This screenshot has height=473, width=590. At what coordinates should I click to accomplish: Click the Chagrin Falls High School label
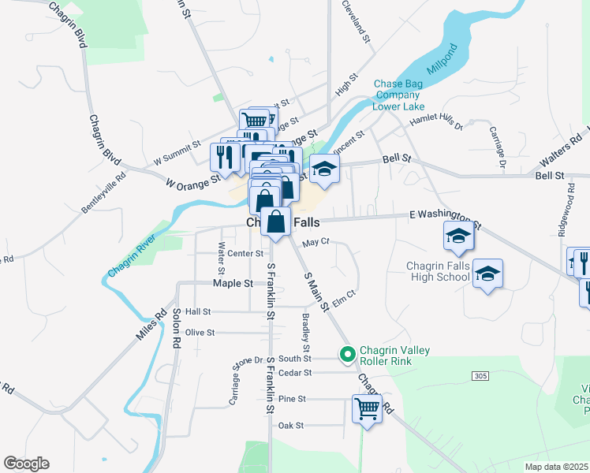click(x=438, y=271)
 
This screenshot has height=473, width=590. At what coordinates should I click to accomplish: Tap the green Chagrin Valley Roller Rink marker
click(x=346, y=356)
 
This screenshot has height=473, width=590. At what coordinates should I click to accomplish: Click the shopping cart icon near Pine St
click(x=367, y=408)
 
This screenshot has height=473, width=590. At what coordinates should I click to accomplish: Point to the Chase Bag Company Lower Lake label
click(x=398, y=95)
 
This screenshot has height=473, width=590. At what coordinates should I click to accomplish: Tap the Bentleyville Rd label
click(x=103, y=193)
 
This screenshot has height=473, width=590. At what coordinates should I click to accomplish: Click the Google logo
click(x=25, y=464)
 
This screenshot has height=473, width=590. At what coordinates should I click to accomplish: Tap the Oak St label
click(x=290, y=426)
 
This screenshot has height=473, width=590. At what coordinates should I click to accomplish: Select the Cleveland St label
click(x=356, y=20)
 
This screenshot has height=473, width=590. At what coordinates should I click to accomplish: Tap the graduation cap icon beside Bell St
click(x=324, y=168)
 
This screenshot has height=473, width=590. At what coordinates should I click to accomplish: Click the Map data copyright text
click(x=555, y=467)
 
